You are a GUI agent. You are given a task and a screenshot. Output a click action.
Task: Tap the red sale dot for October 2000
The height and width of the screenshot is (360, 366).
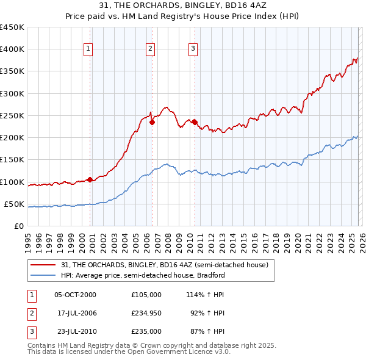(x=90, y=179)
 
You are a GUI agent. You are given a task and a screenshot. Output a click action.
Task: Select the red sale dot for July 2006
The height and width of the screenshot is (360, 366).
(x=152, y=122)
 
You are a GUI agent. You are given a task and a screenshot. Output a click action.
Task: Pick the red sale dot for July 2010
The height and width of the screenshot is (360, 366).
(x=195, y=122)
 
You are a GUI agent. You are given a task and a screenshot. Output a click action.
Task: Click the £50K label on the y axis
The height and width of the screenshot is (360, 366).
(x=15, y=204)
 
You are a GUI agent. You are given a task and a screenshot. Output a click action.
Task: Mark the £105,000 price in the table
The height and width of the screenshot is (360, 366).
(x=146, y=294)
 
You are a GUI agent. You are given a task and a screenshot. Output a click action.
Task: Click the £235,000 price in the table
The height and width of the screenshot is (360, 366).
(x=146, y=331)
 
